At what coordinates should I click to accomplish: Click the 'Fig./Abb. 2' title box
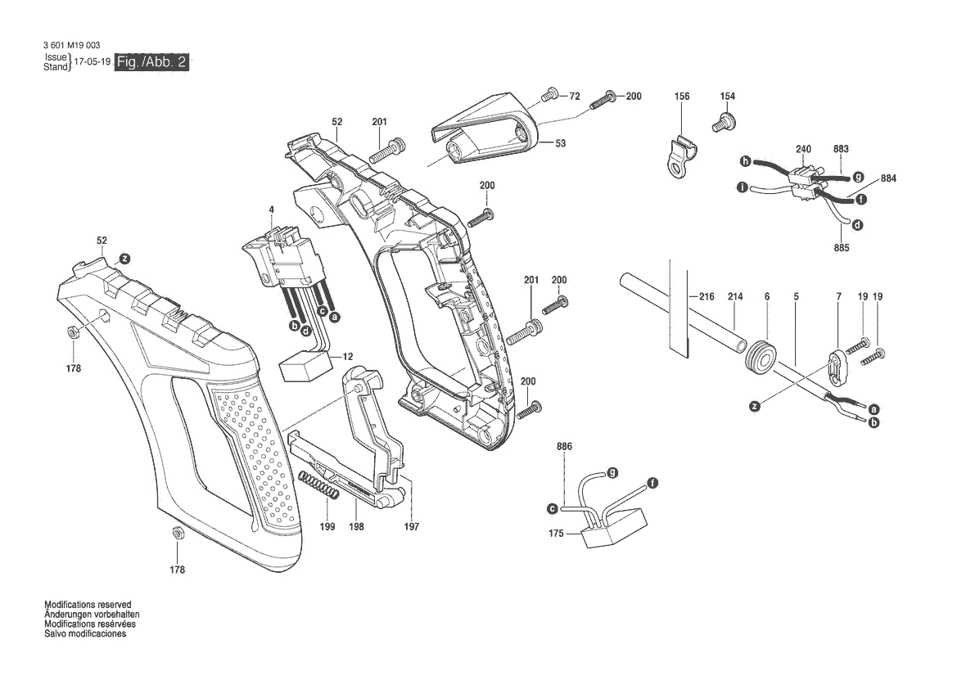[x=152, y=63]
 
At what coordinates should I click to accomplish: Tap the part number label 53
[x=560, y=143]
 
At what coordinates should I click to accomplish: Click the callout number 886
[x=564, y=446]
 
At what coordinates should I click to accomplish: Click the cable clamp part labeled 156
[x=679, y=155]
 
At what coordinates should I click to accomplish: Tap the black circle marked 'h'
[x=745, y=160]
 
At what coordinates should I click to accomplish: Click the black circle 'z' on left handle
[x=124, y=257]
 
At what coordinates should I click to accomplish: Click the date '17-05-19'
[x=92, y=63]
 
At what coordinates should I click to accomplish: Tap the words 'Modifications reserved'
[x=88, y=605]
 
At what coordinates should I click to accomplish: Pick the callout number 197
[x=411, y=527]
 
